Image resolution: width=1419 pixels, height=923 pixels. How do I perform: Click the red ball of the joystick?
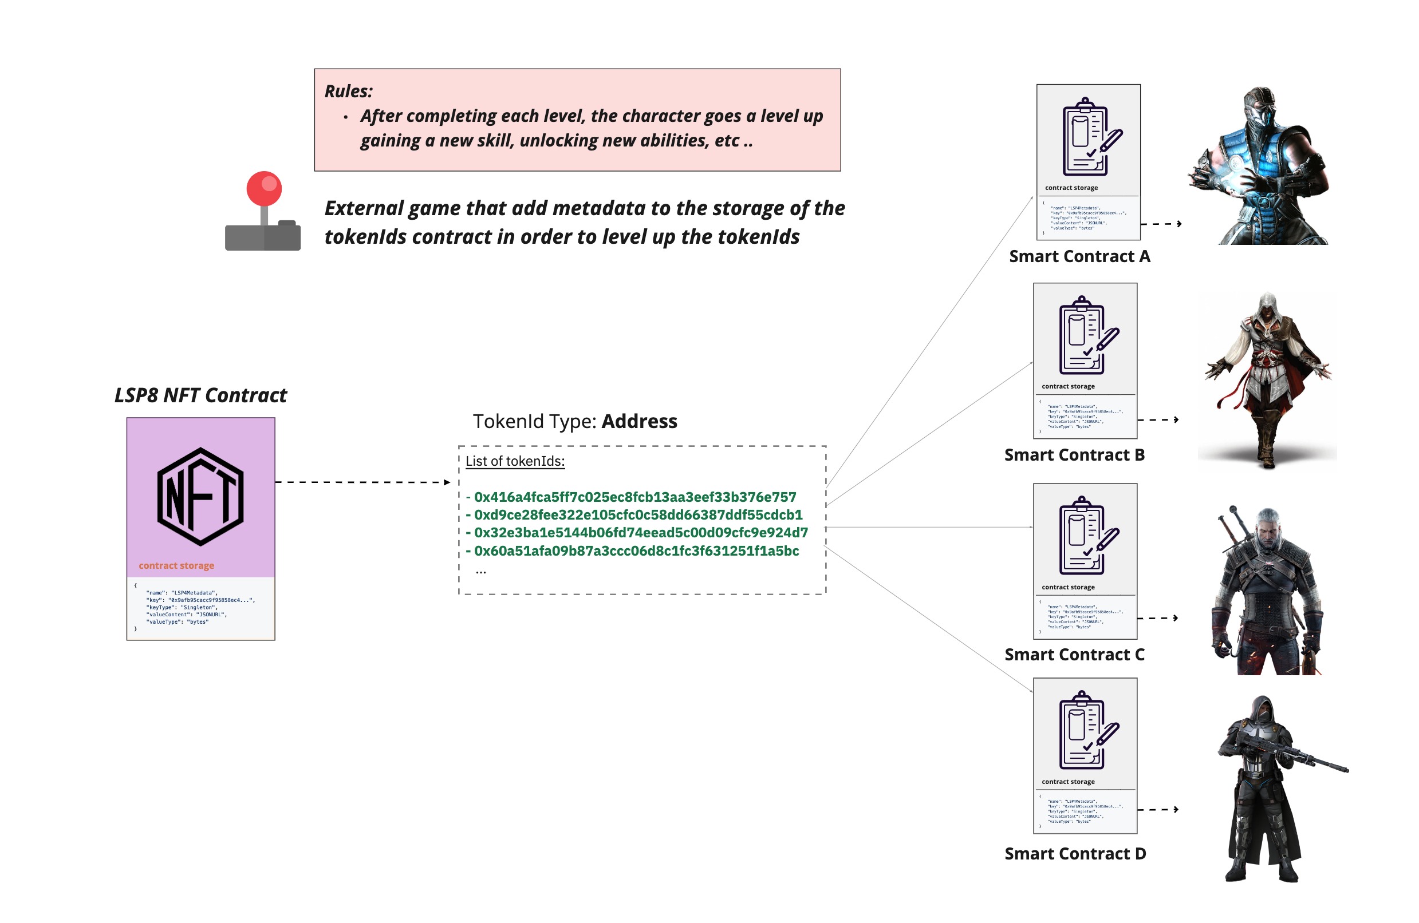264,188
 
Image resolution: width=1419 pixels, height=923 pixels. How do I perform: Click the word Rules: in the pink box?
348,91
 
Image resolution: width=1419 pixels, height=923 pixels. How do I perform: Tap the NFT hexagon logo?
200,496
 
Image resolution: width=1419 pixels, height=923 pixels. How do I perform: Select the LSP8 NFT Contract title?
200,395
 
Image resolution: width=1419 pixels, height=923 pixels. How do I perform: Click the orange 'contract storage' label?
176,565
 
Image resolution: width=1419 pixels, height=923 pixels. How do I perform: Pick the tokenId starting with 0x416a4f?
634,497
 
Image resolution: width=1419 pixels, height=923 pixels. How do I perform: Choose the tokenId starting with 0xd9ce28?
638,514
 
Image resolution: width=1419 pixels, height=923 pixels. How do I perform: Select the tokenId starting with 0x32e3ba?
640,532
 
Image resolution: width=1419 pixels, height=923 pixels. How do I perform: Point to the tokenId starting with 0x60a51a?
636,550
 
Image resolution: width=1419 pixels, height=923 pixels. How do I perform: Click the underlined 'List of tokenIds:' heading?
515,461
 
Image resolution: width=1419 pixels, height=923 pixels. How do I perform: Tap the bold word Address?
639,421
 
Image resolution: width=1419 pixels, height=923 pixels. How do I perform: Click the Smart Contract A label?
1079,256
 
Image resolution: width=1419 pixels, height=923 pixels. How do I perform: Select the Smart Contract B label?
1074,455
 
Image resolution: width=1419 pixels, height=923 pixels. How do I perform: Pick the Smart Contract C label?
1074,654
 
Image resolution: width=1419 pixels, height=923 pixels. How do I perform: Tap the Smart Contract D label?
1075,853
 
